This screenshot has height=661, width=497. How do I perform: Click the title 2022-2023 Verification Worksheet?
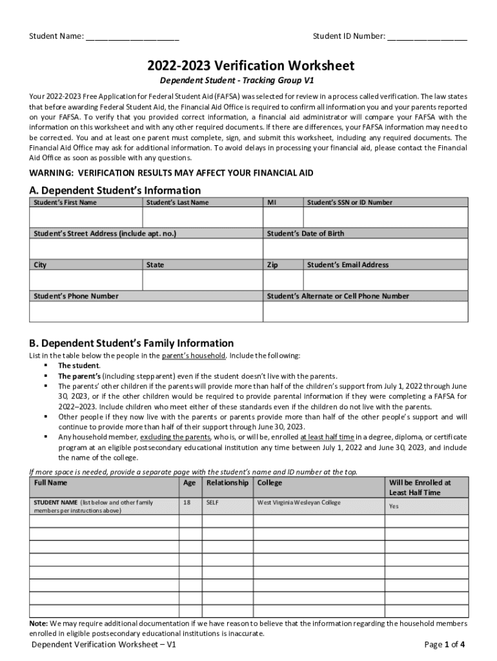250,66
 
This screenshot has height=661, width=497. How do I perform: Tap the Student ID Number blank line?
427,36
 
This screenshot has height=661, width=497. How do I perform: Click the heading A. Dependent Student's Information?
115,190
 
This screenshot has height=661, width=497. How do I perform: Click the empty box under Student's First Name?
85,218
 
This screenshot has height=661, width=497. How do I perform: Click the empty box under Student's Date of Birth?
365,249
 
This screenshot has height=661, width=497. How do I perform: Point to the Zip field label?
272,265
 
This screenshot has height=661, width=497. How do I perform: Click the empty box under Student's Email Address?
385,280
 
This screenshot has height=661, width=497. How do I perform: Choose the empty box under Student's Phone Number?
146,311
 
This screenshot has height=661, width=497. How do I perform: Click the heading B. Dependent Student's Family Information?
132,343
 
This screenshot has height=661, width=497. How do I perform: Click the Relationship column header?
227,483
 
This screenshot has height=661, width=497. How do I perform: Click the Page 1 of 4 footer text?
445,644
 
